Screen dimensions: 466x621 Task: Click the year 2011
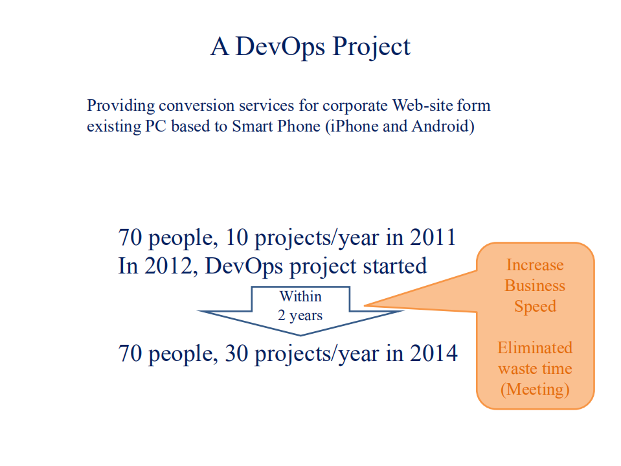point(433,237)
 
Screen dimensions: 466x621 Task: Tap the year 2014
point(434,353)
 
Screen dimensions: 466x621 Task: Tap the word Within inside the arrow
point(300,297)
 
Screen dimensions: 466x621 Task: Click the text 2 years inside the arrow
point(300,316)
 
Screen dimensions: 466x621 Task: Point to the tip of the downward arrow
point(300,334)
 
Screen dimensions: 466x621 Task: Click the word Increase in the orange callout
point(535,265)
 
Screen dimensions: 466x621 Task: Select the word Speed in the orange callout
point(535,307)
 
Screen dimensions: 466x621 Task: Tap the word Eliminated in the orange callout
point(535,348)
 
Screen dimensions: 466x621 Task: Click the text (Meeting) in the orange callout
point(535,390)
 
